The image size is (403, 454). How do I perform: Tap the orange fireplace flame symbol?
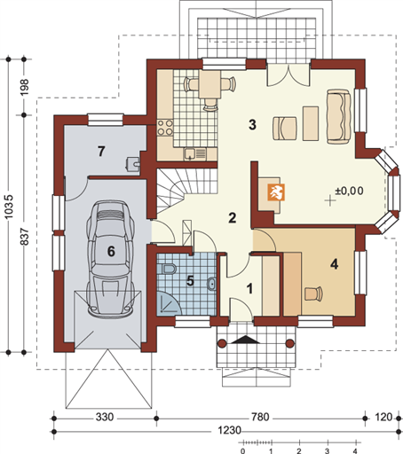(x=276, y=192)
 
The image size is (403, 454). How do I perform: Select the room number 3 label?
(x=252, y=124)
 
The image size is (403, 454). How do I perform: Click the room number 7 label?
(x=101, y=151)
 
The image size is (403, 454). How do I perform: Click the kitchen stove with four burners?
(x=165, y=127)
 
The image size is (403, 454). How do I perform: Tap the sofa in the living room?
(x=339, y=116)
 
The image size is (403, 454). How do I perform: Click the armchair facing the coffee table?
(x=284, y=128)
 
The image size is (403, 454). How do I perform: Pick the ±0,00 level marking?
(x=349, y=191)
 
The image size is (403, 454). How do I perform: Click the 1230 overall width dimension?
(x=229, y=430)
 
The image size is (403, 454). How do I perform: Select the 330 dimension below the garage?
(x=105, y=417)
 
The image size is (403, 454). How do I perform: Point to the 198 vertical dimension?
(x=24, y=87)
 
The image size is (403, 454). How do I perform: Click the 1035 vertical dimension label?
(x=9, y=207)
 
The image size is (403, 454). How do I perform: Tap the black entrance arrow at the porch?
(x=245, y=340)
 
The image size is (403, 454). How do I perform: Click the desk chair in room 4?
(x=313, y=294)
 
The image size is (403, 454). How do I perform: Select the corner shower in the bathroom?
(x=168, y=303)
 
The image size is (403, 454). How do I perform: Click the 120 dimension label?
(x=383, y=417)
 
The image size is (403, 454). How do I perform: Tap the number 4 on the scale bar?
(x=355, y=451)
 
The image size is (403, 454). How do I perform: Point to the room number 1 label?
(x=250, y=288)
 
